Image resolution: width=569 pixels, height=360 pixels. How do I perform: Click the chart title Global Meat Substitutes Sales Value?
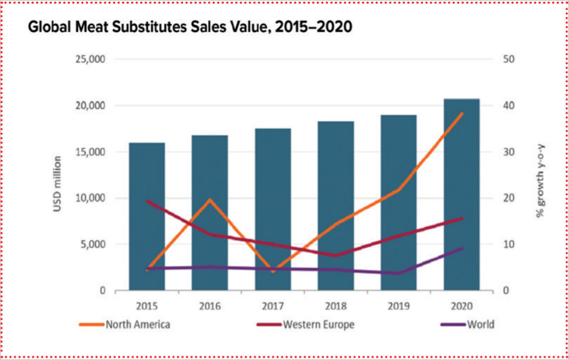pos(190,27)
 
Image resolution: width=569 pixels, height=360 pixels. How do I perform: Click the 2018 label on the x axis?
pos(335,306)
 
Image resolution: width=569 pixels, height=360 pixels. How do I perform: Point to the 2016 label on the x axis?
pos(210,306)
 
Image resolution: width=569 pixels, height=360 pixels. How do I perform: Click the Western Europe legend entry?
pos(317,324)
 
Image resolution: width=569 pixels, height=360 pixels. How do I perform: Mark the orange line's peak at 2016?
pos(210,200)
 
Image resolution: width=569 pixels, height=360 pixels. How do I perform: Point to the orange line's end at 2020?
pos(461,114)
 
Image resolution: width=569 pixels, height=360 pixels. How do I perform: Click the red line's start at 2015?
pos(147,201)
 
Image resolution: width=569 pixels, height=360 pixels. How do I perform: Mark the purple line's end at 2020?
pos(461,249)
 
